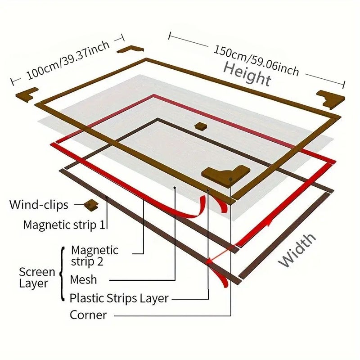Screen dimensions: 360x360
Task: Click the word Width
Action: click(297, 251)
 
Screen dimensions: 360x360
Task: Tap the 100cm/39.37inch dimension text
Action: click(68, 60)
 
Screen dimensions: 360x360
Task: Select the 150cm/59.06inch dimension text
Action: click(256, 60)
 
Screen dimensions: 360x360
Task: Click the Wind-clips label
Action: click(39, 204)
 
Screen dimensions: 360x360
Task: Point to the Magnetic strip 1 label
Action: click(64, 225)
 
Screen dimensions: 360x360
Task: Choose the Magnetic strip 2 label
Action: click(94, 256)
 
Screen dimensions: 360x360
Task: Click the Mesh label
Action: click(83, 279)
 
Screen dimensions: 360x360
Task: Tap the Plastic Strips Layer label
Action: click(119, 298)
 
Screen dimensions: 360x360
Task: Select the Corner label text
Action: click(88, 315)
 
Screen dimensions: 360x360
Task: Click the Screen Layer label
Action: click(37, 277)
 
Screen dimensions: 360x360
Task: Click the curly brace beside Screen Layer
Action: click(62, 274)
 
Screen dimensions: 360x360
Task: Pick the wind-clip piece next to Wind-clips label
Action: click(91, 205)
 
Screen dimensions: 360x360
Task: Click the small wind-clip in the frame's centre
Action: click(201, 126)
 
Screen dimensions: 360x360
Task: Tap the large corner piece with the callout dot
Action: click(226, 175)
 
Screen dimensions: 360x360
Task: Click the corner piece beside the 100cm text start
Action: click(27, 94)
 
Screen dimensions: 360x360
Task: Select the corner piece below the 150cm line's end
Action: click(331, 99)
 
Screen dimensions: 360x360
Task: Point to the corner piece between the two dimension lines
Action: click(130, 49)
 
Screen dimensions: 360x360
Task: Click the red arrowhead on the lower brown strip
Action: click(209, 261)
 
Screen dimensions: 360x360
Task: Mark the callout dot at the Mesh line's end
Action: click(175, 188)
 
